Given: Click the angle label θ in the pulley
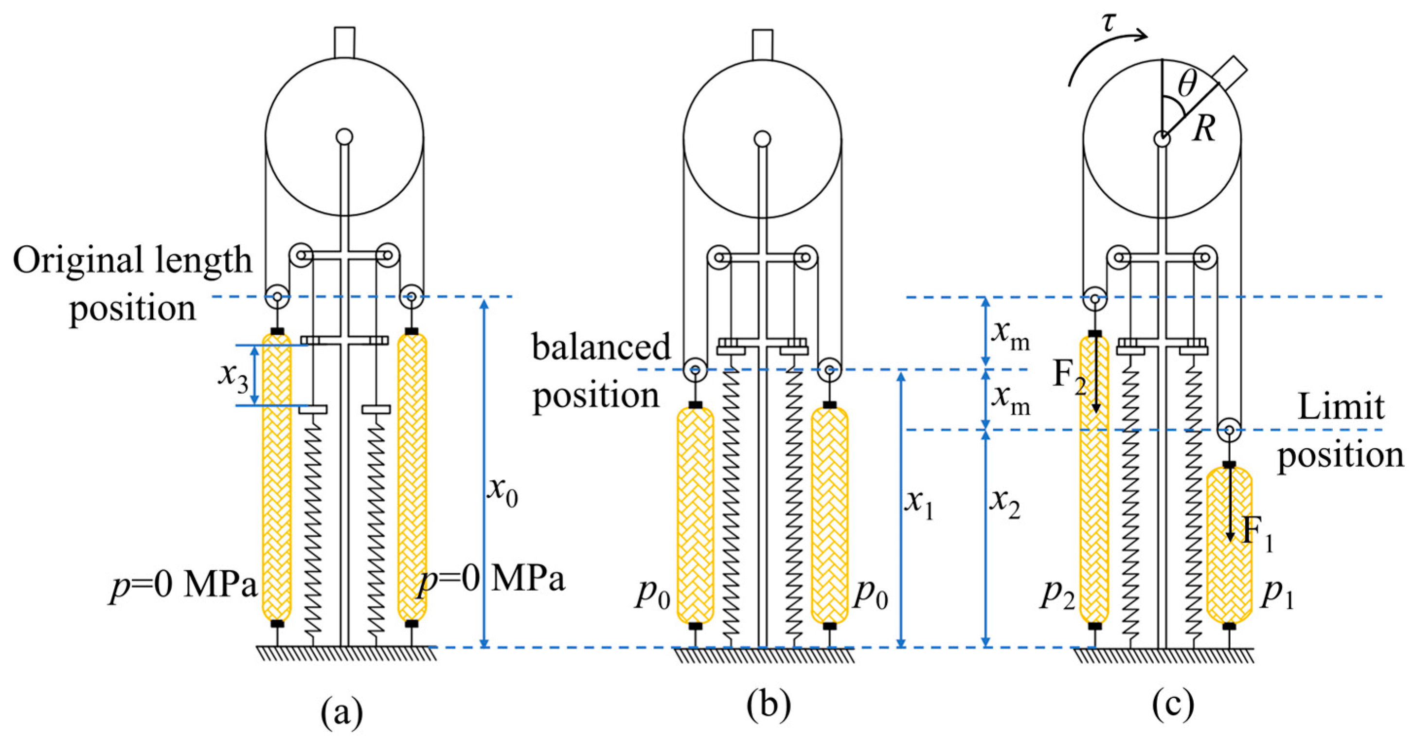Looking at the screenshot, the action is pos(1187,85).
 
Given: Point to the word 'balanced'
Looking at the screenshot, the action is pos(602,347).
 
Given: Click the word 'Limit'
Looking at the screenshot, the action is pos(1341,407).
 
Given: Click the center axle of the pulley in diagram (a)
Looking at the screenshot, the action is pos(344,136).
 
